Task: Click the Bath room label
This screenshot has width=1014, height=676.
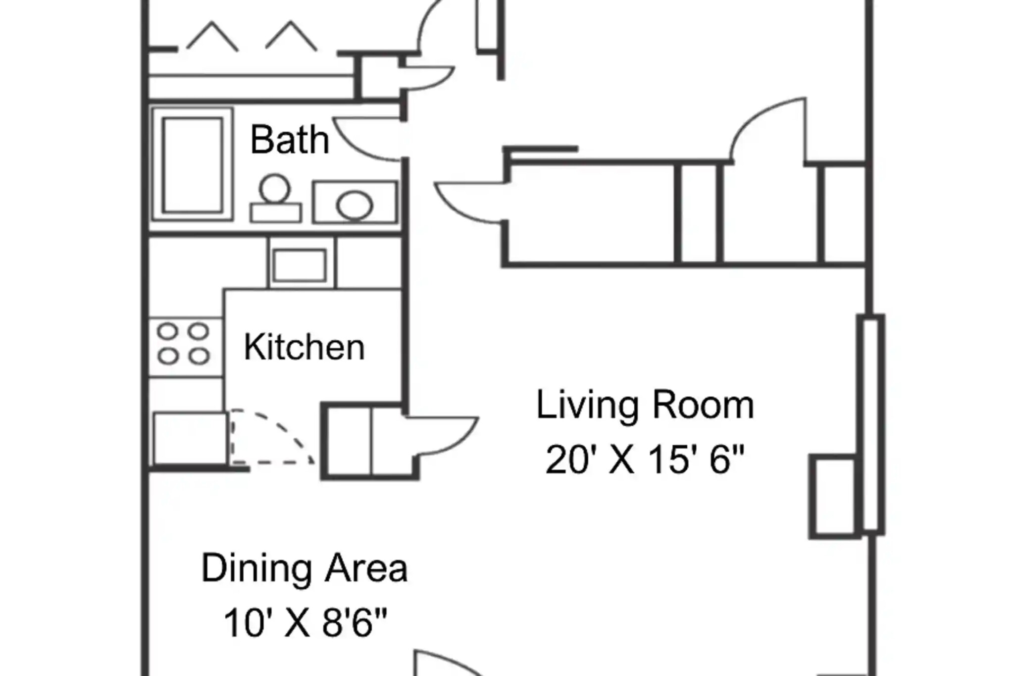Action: (290, 140)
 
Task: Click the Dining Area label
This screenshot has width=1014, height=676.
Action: (304, 568)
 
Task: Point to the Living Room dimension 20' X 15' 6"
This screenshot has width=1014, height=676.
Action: (645, 460)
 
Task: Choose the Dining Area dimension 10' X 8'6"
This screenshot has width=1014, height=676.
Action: (305, 623)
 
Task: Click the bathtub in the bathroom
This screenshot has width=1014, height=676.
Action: (192, 164)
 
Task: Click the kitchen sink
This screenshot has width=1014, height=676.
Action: (300, 265)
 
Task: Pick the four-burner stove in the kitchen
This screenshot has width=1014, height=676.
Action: (184, 344)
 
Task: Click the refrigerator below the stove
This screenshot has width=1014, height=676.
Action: (189, 438)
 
